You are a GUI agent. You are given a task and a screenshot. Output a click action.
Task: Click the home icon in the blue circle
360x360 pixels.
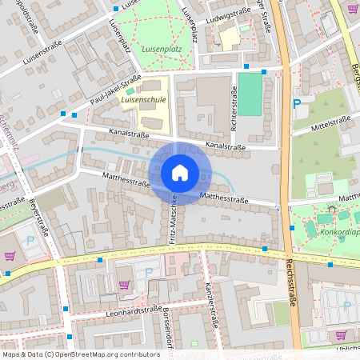point(179,172)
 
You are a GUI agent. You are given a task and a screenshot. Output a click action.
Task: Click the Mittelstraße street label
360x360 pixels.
point(331,122)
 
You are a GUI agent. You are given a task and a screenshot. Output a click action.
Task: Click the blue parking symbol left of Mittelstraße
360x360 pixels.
point(297,103)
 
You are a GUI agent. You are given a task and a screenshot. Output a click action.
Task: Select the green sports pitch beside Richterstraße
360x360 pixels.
point(250,94)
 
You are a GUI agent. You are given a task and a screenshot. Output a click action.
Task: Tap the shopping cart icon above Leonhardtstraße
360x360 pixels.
point(124,284)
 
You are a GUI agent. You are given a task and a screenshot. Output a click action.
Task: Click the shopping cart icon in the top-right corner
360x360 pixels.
point(353,9)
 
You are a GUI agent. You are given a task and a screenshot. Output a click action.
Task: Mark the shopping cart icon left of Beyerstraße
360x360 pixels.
point(10,256)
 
